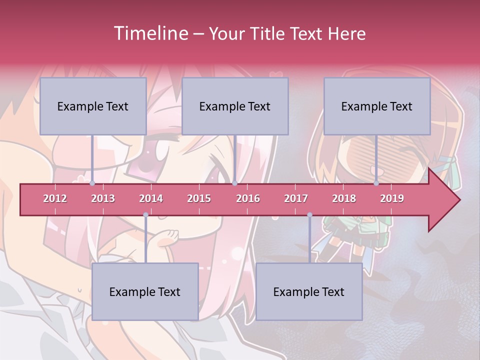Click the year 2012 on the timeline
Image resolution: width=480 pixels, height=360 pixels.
[55, 199]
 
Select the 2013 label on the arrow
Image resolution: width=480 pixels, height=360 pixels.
[103, 199]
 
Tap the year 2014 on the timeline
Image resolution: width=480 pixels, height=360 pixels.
[151, 199]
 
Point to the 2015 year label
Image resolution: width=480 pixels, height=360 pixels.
[199, 199]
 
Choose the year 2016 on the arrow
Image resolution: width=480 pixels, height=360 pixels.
[248, 199]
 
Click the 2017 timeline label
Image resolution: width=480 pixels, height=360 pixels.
[296, 199]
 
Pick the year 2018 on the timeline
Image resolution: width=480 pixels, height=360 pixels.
[344, 199]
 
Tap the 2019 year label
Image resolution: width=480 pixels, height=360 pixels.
[392, 199]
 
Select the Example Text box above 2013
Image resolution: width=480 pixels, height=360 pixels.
[93, 106]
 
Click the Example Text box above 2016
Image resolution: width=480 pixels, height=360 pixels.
[235, 106]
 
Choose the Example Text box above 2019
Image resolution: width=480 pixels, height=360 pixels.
[377, 106]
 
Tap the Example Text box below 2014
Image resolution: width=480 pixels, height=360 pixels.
[145, 292]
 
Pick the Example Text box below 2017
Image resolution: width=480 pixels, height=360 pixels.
[309, 292]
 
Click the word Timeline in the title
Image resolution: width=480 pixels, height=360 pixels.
[150, 33]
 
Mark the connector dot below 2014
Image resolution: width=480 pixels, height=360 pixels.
[145, 215]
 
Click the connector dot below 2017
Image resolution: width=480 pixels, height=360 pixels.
[309, 215]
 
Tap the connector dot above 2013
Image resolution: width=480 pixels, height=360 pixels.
[92, 183]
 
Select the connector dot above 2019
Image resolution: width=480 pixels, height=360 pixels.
[376, 183]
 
